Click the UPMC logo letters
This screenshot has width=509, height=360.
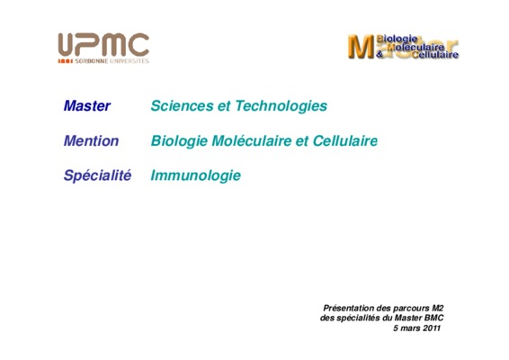(x=103, y=44)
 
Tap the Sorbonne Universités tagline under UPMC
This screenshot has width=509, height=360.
(x=112, y=61)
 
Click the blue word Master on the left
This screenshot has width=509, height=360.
(x=87, y=106)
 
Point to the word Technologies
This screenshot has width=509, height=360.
(x=281, y=106)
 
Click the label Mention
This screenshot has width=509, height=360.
(x=91, y=141)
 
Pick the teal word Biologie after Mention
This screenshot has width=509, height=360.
(x=179, y=141)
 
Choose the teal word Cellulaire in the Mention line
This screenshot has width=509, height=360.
(x=345, y=141)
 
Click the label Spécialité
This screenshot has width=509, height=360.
(x=97, y=175)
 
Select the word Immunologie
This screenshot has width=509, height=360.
(x=196, y=176)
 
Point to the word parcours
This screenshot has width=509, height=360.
(x=411, y=309)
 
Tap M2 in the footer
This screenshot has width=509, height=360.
(x=438, y=308)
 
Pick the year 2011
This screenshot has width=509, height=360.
(x=432, y=328)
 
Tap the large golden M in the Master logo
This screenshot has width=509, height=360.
(x=361, y=47)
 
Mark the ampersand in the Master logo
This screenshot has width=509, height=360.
(x=380, y=54)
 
